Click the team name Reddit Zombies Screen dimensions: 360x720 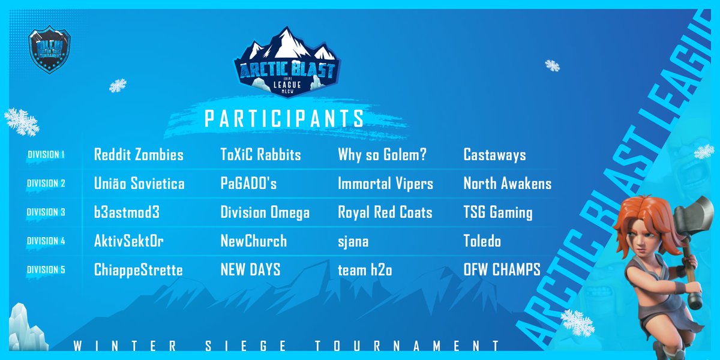coord(139,155)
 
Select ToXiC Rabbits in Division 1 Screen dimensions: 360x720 coord(261,155)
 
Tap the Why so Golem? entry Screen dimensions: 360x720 coord(382,155)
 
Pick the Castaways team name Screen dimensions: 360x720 coord(494,155)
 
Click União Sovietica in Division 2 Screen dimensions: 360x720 coord(139,184)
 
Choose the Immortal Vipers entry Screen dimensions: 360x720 coord(385,184)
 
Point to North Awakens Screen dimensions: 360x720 coord(507,184)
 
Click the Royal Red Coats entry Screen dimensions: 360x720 coord(385,212)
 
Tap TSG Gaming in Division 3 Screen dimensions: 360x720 coord(497,212)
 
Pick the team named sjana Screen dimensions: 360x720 coord(353,242)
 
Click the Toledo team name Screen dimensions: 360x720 coord(482,242)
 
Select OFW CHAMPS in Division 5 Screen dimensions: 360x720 coord(502,270)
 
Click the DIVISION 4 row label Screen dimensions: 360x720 coord(46,241)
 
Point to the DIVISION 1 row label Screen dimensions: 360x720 coord(46,155)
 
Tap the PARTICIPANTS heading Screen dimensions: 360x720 coord(284,118)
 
